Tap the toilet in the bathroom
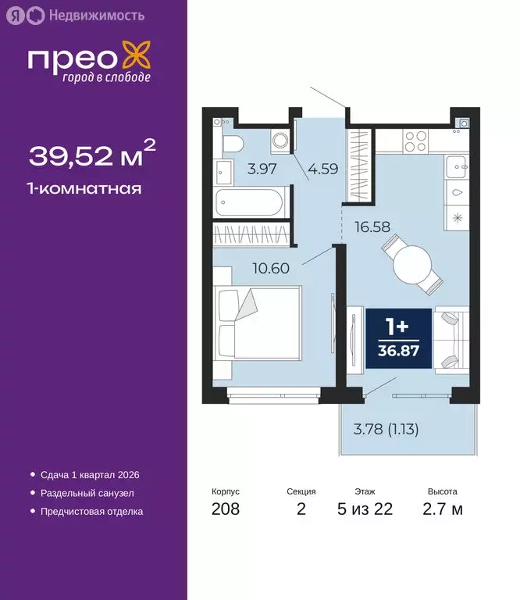pyautogui.click(x=232, y=144)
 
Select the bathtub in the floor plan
pyautogui.click(x=249, y=205)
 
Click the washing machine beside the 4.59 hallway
pyautogui.click(x=280, y=141)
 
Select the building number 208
pyautogui.click(x=226, y=509)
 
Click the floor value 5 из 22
pyautogui.click(x=365, y=509)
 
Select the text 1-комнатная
pyautogui.click(x=85, y=188)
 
